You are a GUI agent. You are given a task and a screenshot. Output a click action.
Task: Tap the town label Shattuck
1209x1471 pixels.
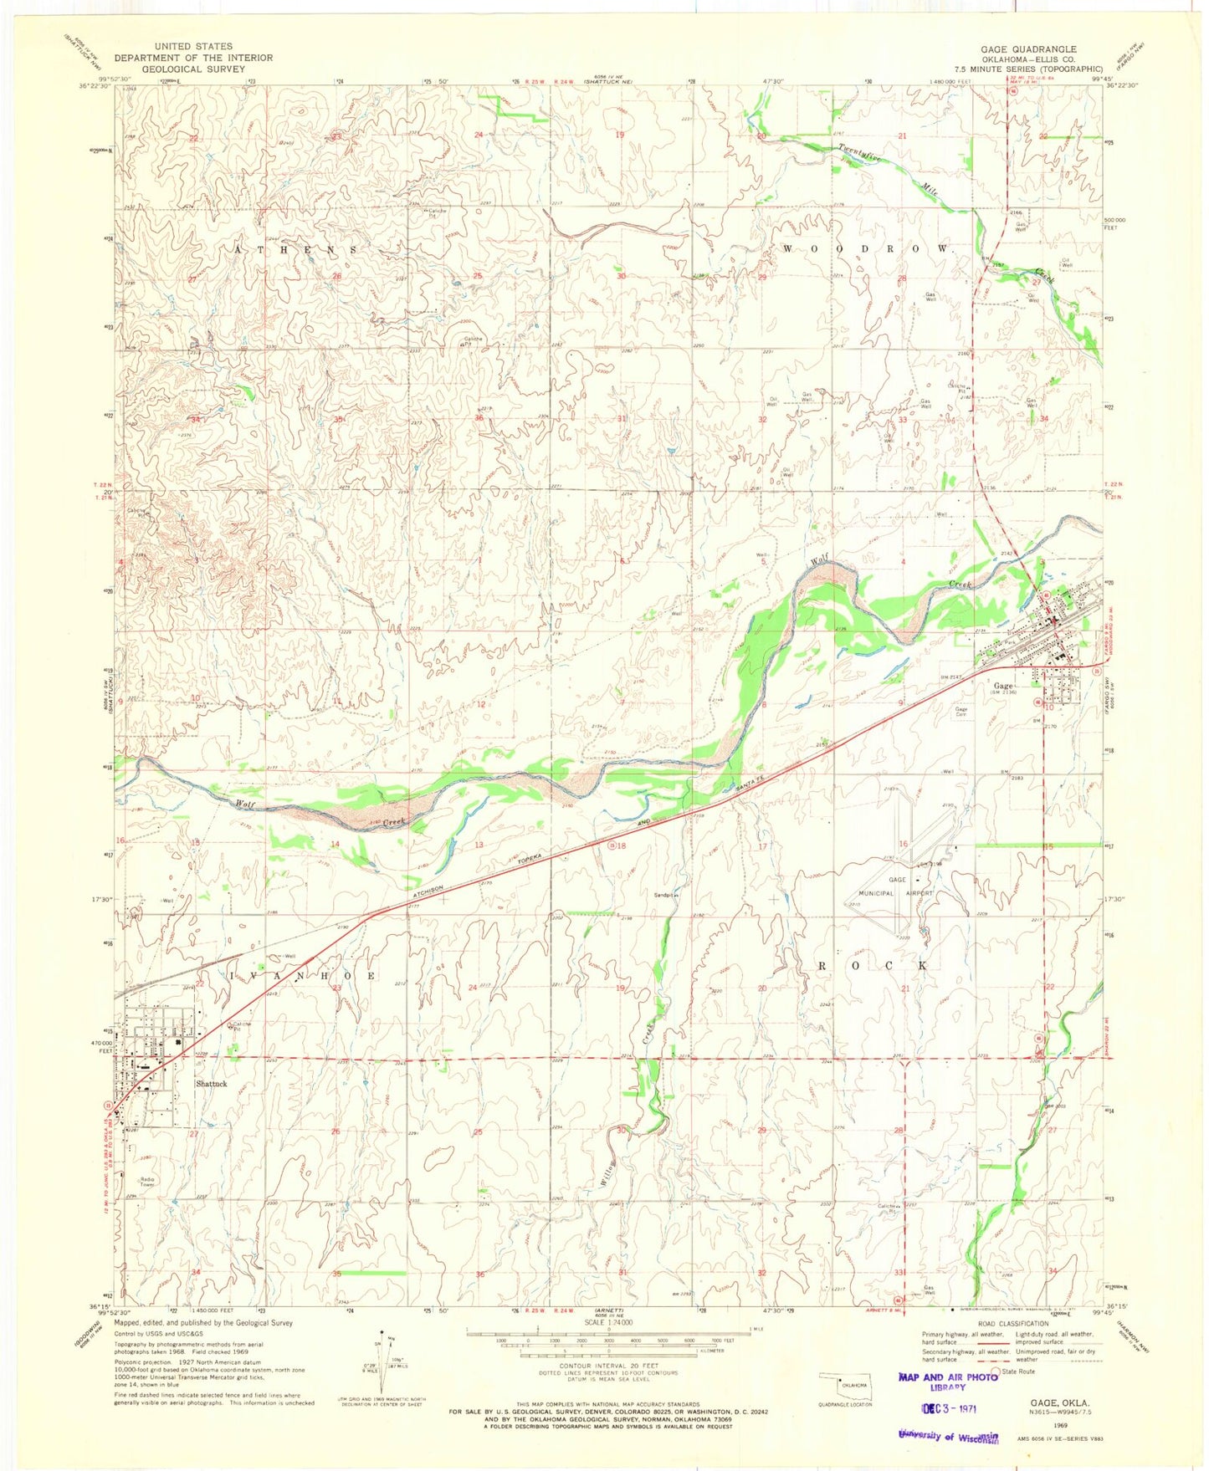[x=211, y=1084]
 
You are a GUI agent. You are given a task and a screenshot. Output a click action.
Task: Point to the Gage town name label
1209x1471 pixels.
[x=1003, y=686]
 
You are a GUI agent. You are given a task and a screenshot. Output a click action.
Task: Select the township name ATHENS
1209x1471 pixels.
[x=297, y=250]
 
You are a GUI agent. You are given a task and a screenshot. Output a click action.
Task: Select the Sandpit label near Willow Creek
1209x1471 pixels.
[x=665, y=894]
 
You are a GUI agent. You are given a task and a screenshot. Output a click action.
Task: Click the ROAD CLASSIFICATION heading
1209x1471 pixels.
[x=1011, y=1324]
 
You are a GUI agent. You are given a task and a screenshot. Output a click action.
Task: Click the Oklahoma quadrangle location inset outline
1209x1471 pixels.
[x=846, y=1382]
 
